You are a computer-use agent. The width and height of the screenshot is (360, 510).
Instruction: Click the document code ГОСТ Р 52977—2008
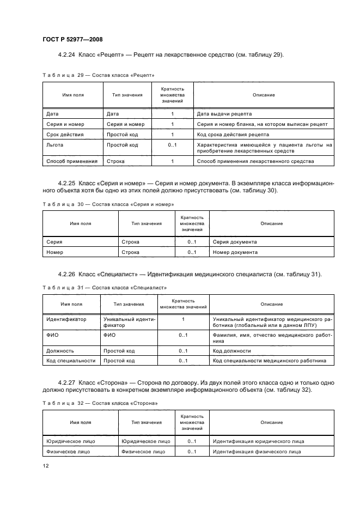72,40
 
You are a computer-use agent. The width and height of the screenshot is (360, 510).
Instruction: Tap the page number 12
46,465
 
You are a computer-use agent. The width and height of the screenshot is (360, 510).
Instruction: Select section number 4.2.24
67,55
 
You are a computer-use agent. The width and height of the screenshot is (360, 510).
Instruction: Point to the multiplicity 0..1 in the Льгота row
172,145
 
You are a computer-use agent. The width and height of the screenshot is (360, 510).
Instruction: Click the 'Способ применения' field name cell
72,161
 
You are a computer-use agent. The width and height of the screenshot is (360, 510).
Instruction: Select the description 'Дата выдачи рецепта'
224,114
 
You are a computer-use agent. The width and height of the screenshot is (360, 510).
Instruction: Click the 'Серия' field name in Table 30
54,241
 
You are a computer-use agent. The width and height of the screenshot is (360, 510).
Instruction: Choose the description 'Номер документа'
235,252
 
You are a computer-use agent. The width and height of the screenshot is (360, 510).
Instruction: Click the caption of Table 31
105,287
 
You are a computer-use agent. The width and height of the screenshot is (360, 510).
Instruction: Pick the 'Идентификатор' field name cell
66,319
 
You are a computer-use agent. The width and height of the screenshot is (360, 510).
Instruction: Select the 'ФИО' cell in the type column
109,335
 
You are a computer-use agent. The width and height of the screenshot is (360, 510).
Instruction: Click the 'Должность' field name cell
60,350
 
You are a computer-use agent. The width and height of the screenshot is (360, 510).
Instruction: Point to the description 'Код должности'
232,350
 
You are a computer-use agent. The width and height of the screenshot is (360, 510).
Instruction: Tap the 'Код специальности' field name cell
71,361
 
